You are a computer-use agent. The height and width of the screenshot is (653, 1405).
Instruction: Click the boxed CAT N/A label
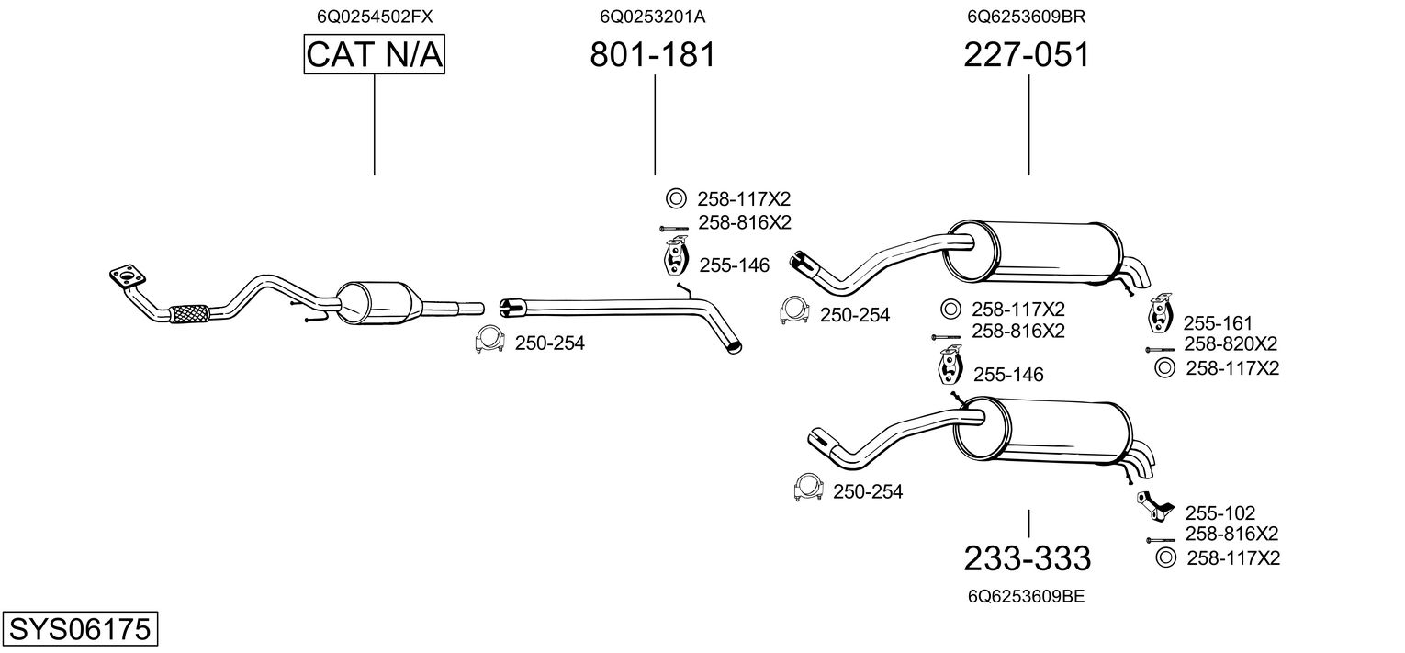tap(375, 55)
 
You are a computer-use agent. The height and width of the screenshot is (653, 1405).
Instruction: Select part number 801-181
tap(652, 55)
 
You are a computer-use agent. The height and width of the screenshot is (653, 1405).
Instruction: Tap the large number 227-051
tap(1027, 55)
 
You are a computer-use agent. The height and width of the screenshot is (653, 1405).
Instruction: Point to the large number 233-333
tap(1027, 557)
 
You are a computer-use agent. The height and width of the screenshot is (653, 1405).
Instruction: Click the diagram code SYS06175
tap(79, 630)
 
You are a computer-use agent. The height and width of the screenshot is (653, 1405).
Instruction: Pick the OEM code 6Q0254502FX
tap(375, 17)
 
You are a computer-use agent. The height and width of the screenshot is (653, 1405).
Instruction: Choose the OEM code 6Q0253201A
tap(652, 17)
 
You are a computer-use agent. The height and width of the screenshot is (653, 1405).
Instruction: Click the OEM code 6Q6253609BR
tap(1027, 17)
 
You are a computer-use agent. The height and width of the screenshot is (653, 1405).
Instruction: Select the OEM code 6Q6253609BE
tap(1027, 596)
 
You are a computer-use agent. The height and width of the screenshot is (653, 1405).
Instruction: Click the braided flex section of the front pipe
tap(190, 313)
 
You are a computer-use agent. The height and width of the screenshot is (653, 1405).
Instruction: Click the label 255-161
tap(1218, 323)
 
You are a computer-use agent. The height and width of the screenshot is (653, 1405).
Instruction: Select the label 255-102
tap(1220, 513)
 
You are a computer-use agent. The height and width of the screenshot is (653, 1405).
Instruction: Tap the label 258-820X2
tap(1231, 344)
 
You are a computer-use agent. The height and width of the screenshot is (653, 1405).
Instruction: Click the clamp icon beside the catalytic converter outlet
tap(489, 341)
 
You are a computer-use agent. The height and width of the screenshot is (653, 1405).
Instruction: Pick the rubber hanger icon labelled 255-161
tap(1162, 314)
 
